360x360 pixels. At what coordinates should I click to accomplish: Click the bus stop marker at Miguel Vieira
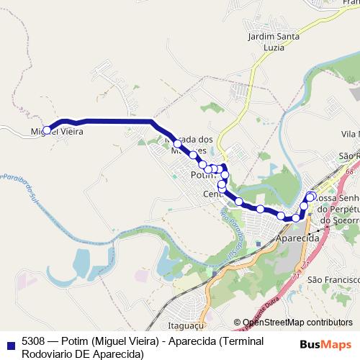[x=47, y=130]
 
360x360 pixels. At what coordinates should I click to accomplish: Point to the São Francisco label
[x=333, y=279]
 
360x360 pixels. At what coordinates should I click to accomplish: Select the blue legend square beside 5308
[x=10, y=342]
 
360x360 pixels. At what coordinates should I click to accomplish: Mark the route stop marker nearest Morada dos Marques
[x=177, y=144]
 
